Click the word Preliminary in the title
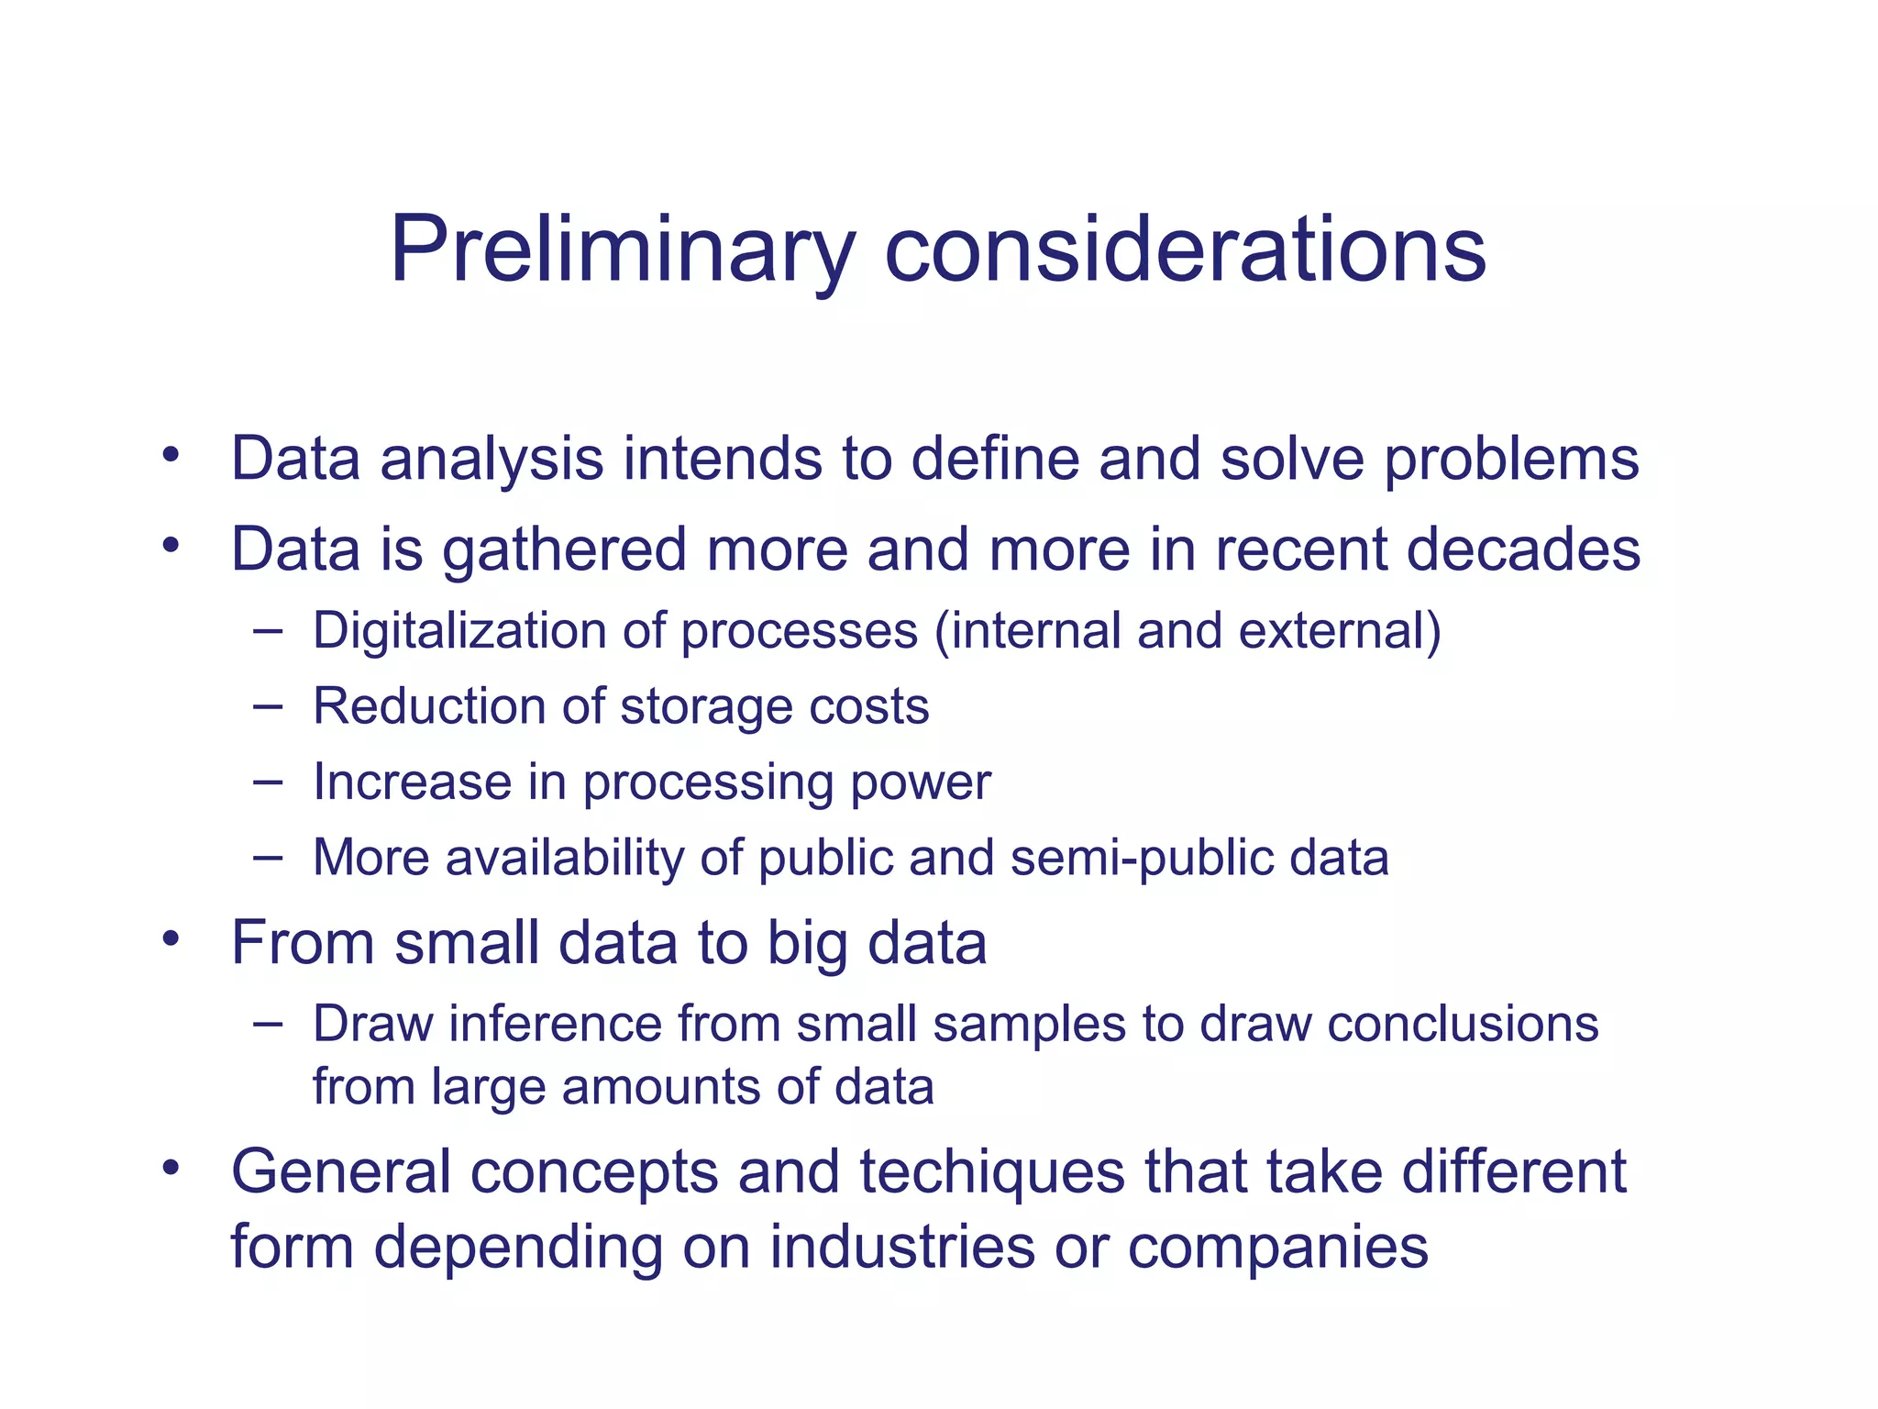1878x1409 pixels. (622, 250)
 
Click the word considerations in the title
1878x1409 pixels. (1185, 250)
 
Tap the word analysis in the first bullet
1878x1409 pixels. (492, 459)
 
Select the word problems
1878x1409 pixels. (1511, 459)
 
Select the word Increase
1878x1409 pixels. (412, 782)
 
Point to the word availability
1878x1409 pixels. (564, 858)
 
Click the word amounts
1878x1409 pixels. (660, 1087)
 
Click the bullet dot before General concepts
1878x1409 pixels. (170, 1169)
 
